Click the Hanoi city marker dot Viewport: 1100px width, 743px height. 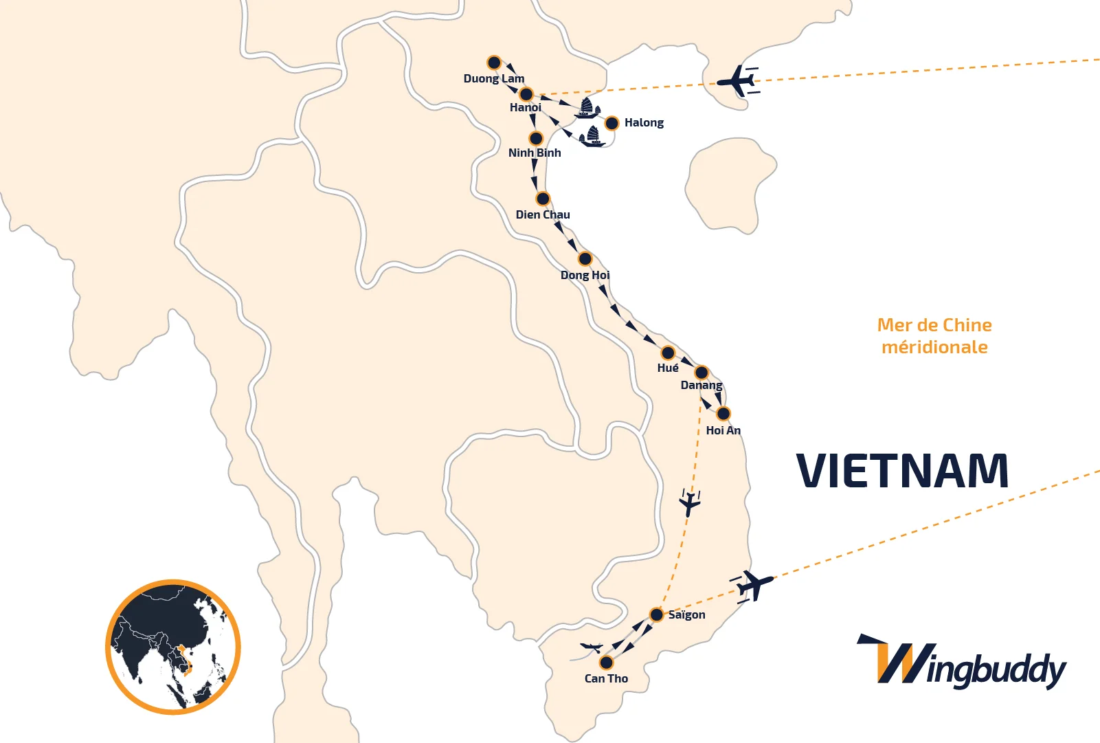[526, 94]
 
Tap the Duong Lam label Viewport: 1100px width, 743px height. [493, 78]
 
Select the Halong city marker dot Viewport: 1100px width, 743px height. [611, 124]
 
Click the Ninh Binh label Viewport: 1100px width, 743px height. [535, 153]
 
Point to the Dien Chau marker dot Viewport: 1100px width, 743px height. [543, 199]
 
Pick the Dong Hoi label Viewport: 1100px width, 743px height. [585, 275]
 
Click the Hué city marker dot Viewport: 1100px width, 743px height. [668, 353]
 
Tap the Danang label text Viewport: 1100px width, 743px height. [701, 385]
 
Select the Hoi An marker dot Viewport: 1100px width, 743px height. [723, 414]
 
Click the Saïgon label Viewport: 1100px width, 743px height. [686, 614]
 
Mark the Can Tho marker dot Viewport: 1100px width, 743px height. [606, 663]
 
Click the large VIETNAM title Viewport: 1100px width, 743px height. [902, 472]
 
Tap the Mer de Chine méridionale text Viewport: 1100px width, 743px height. [934, 336]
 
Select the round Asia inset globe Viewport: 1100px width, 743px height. [173, 647]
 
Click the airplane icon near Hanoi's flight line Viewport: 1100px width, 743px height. [737, 81]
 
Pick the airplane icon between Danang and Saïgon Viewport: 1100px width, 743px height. [689, 503]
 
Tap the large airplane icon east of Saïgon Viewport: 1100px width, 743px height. [753, 586]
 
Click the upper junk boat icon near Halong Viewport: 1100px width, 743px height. [587, 108]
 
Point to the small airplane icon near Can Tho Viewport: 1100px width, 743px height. [591, 647]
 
